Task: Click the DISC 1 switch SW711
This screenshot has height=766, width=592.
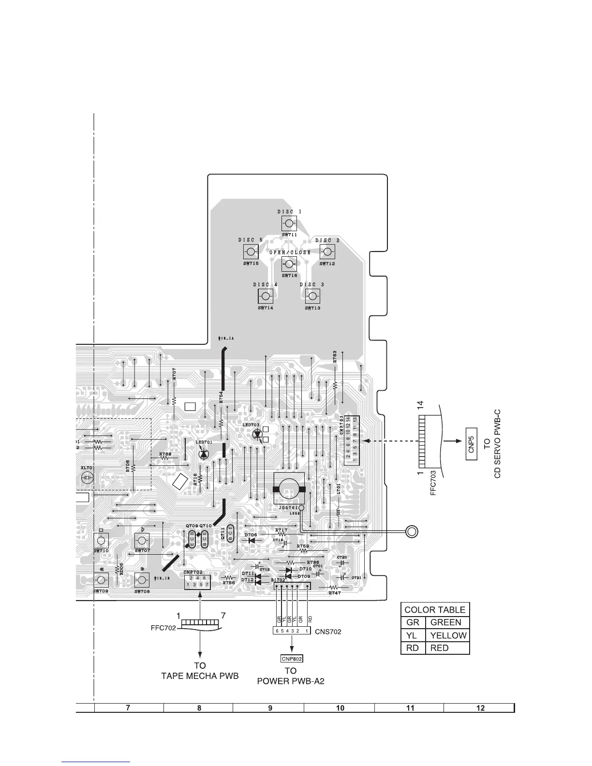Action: tap(289, 223)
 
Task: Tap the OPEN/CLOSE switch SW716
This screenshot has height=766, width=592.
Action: tap(289, 264)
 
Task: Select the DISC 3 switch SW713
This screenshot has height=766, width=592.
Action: tap(312, 296)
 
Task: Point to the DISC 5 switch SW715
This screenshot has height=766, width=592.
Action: tap(251, 251)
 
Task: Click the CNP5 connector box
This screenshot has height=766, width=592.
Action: tap(471, 441)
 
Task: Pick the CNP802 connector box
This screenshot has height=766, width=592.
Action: tap(291, 658)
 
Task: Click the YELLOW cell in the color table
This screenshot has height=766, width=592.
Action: tap(448, 635)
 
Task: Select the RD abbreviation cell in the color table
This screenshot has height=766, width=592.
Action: tap(413, 648)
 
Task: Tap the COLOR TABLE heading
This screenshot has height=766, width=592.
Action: tap(435, 609)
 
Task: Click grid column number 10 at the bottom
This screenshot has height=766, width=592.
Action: tap(340, 708)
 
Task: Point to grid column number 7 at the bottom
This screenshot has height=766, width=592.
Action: tap(128, 708)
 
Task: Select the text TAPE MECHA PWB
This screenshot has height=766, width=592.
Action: tap(200, 676)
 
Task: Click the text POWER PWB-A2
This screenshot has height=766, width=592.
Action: tap(290, 681)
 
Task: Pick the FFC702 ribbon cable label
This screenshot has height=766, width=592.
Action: tap(163, 629)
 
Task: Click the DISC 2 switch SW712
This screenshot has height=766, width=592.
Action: tap(327, 251)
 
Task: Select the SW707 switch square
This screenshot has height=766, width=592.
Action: tap(142, 541)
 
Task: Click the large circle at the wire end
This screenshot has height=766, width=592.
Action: tap(411, 531)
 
